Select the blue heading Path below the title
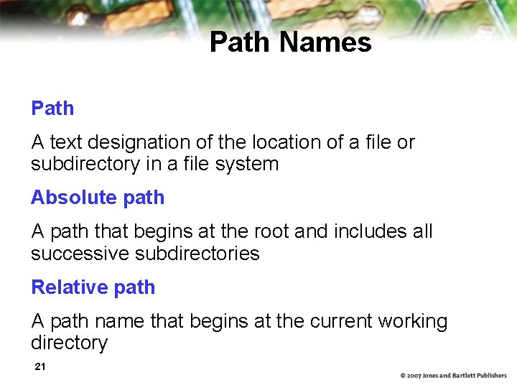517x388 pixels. [x=52, y=108]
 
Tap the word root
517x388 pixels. [x=271, y=231]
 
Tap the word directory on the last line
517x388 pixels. [x=69, y=343]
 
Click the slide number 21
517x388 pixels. [x=40, y=367]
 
